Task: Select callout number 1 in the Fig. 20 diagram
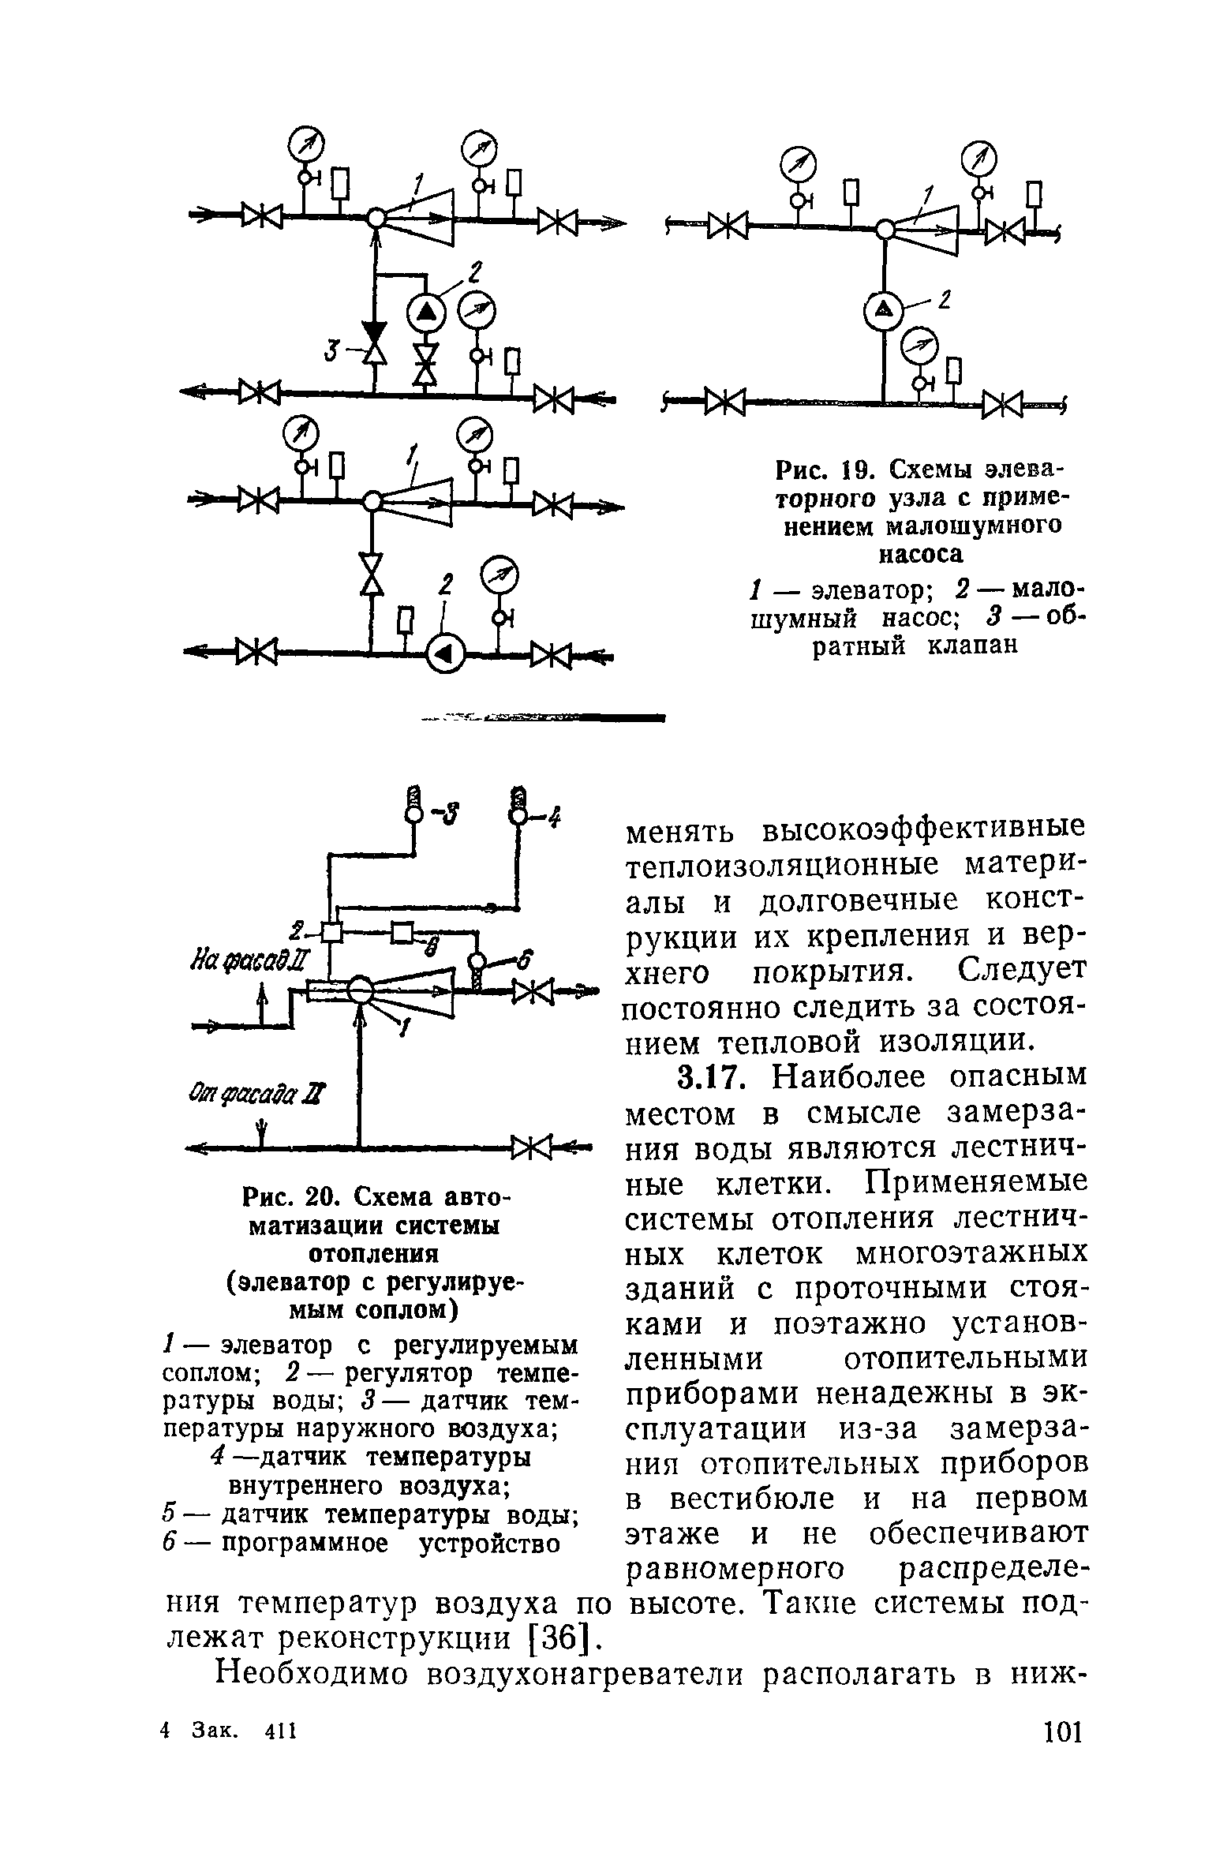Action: coord(406,1027)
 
